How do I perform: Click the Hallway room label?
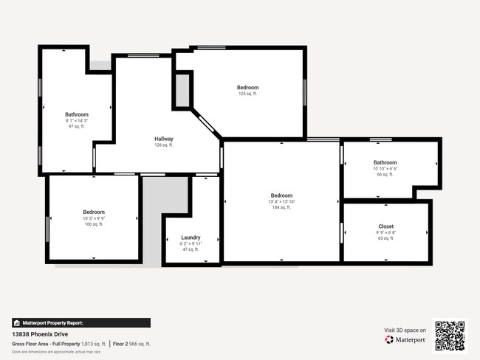[164, 139]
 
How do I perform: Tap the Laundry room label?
[191, 238]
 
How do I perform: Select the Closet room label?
[385, 226]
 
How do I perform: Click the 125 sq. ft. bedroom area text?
[247, 94]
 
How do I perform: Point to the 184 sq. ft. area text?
[281, 207]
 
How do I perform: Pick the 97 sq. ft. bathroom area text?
[77, 126]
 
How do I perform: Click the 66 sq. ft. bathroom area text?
[385, 175]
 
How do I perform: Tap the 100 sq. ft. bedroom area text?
[94, 224]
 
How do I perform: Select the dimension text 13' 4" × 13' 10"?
[281, 201]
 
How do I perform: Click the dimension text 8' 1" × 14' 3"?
[77, 120]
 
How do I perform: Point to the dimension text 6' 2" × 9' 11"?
[191, 243]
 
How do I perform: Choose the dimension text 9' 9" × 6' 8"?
[385, 233]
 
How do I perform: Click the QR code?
[450, 335]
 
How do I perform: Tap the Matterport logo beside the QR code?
[405, 340]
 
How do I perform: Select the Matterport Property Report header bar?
[81, 322]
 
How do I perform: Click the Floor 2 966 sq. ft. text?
[132, 344]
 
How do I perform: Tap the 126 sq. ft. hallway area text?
[164, 145]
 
